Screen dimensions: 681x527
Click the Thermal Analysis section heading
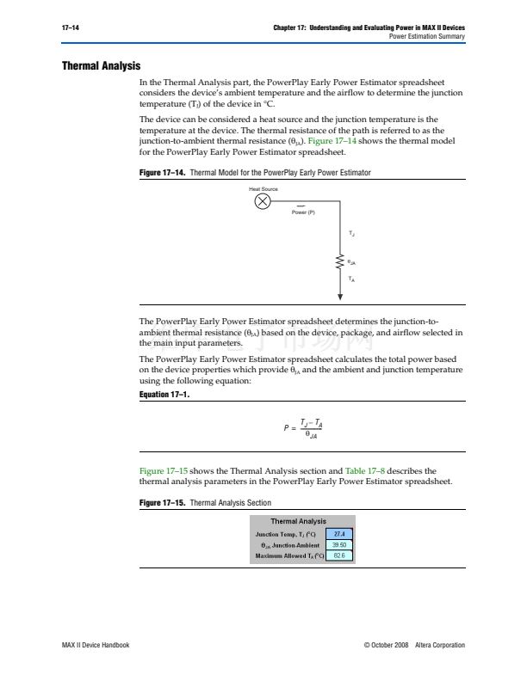[101, 66]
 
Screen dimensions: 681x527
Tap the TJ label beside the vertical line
[352, 233]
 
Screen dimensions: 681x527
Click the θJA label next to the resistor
[353, 261]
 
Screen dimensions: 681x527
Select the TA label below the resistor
[352, 279]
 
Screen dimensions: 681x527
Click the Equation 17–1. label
[164, 395]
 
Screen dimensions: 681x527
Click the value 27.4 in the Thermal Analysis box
[338, 534]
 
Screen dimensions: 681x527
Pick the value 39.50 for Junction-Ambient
[338, 545]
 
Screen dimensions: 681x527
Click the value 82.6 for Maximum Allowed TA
[338, 556]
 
